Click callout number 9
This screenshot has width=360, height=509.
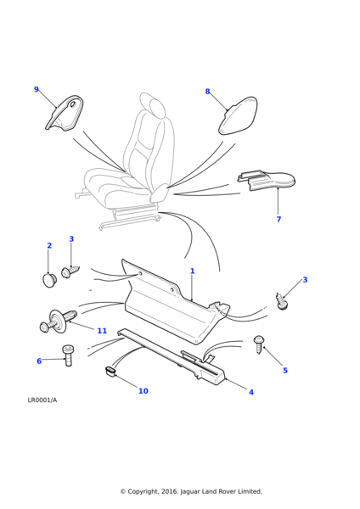(37, 89)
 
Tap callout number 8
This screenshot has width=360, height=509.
(208, 92)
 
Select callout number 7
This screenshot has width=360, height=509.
(278, 219)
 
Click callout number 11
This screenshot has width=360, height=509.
(102, 331)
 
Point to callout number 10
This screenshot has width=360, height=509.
(143, 391)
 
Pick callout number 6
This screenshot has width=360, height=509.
(39, 361)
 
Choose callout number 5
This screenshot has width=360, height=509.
(285, 371)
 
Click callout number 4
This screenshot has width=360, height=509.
(251, 392)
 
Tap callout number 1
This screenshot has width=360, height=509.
(193, 271)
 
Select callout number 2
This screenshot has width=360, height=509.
(49, 245)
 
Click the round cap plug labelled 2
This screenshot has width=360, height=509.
(49, 281)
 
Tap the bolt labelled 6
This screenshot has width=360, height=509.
(68, 355)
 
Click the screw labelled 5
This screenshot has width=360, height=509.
(259, 344)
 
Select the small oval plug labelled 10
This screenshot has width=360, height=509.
(110, 372)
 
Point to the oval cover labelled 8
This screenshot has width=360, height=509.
(238, 115)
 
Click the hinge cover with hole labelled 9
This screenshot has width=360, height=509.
(65, 114)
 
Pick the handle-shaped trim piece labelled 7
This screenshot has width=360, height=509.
(267, 180)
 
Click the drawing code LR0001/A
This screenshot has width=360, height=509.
(42, 400)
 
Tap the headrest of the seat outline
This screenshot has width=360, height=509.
(152, 104)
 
